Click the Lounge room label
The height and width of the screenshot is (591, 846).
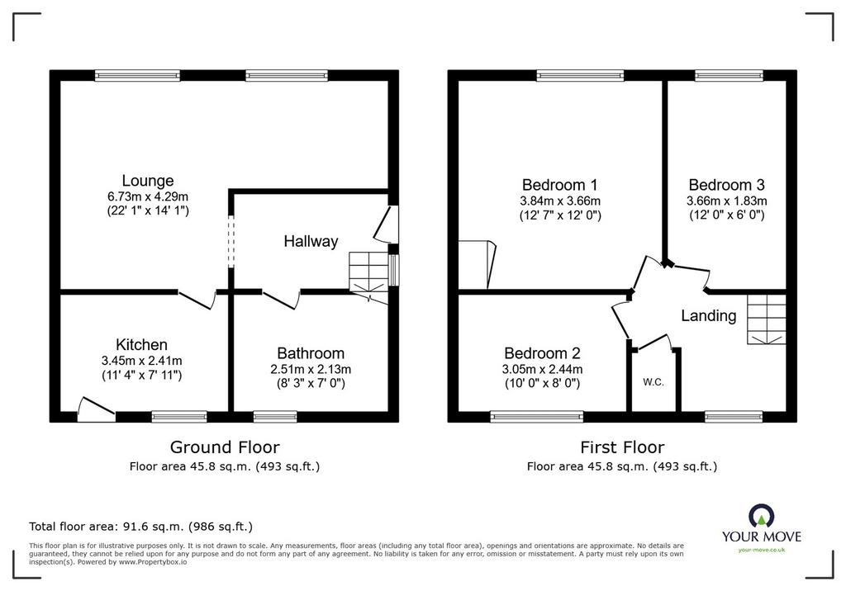tap(148, 181)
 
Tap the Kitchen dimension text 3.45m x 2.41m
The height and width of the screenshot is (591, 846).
tap(141, 361)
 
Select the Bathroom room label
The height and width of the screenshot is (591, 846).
tap(311, 353)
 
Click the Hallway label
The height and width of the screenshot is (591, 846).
tap(311, 241)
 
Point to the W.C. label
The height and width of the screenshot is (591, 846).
tap(654, 382)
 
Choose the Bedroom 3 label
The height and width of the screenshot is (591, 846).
tap(727, 185)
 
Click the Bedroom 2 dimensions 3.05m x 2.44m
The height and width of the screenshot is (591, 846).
tap(542, 370)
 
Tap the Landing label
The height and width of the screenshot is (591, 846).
tap(708, 315)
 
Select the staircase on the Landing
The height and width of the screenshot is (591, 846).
tap(766, 319)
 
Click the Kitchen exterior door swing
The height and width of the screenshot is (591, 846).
tap(96, 409)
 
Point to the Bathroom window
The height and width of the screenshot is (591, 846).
tap(275, 416)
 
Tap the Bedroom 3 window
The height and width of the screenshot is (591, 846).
tap(729, 75)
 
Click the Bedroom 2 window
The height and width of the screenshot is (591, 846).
tap(537, 416)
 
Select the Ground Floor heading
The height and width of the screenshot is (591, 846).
tap(225, 447)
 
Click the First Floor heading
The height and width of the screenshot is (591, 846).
tap(622, 447)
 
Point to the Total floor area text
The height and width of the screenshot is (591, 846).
tap(140, 527)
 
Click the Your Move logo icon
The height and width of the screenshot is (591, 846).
tap(761, 516)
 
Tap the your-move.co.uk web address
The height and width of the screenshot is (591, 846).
tap(761, 550)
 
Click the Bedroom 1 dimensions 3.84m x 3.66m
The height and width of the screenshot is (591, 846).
tap(560, 201)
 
